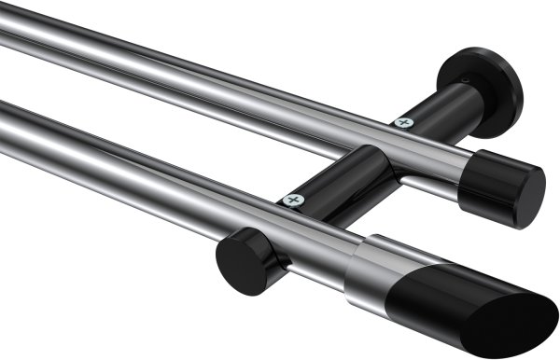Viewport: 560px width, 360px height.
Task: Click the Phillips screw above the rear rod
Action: pyautogui.click(x=404, y=122)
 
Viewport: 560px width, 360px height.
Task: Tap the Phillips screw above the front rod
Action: pyautogui.click(x=294, y=200)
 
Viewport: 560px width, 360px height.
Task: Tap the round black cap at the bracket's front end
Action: pyautogui.click(x=238, y=260)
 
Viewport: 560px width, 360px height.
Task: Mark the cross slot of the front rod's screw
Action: pyautogui.click(x=294, y=200)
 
